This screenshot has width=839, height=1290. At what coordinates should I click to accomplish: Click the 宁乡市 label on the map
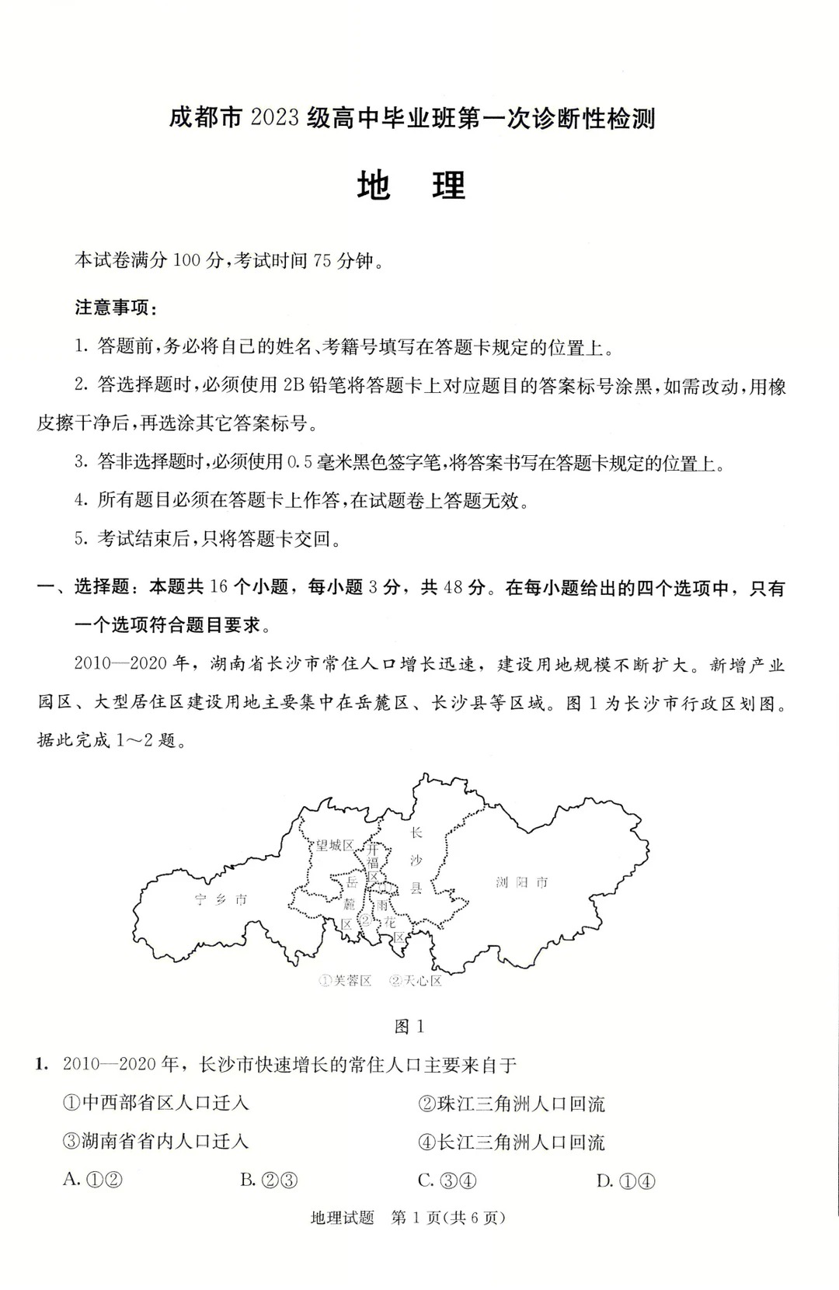point(221,899)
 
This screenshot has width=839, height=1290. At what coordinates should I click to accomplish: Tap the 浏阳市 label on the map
point(522,882)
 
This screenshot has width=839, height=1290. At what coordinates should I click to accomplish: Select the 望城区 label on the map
point(334,845)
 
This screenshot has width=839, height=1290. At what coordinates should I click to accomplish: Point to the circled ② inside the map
point(364,920)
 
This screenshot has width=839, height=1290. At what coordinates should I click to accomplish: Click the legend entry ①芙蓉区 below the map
point(346,981)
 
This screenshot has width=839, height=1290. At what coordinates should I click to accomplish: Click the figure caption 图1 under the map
point(409,1027)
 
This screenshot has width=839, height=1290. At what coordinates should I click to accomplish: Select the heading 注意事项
point(116,308)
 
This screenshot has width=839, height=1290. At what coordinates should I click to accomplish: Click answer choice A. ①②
point(93,1180)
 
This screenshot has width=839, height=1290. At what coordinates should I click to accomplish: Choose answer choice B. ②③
point(269,1180)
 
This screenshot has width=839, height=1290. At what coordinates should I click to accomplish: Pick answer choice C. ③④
point(447,1180)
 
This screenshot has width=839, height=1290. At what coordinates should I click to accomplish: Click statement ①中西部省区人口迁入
point(155,1103)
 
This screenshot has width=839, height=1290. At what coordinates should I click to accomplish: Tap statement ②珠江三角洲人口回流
point(511,1104)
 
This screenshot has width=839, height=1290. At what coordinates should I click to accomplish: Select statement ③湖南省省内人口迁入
point(155,1141)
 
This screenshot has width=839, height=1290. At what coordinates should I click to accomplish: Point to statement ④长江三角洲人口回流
point(511,1142)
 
